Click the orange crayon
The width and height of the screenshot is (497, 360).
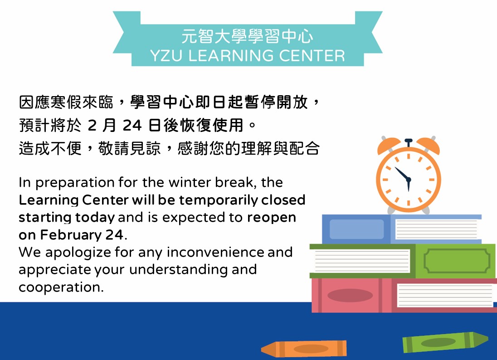(304, 349)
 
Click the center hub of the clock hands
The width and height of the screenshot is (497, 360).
(408, 180)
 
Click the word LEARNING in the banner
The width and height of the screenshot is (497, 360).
(231, 56)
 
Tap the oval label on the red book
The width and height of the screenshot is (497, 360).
(350, 296)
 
